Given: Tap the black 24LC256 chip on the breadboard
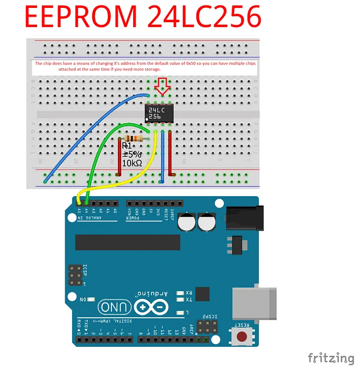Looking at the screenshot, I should click(159, 114).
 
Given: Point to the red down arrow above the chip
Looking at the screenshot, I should click(162, 87).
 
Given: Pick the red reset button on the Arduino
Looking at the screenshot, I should click(242, 337).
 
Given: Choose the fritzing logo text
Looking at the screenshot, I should click(331, 358).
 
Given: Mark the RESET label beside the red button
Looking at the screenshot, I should click(242, 326).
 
